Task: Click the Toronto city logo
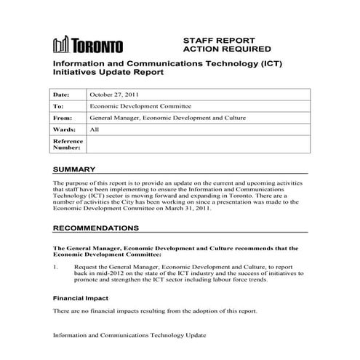(x=88, y=45)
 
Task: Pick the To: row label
(x=58, y=106)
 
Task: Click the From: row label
(x=63, y=118)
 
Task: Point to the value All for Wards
(x=95, y=129)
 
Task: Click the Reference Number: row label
(x=68, y=144)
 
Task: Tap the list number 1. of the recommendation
(x=56, y=268)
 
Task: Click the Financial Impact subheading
(x=80, y=297)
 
